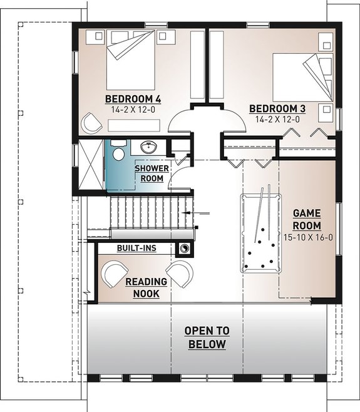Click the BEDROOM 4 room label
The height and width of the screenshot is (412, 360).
pyautogui.click(x=133, y=99)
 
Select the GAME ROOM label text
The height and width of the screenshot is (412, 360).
pyautogui.click(x=307, y=219)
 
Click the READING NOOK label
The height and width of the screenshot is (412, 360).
pyautogui.click(x=145, y=287)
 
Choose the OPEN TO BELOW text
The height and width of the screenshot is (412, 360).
pyautogui.click(x=206, y=337)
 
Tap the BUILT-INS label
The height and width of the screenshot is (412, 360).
pyautogui.click(x=136, y=249)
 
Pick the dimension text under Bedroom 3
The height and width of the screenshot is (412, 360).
pyautogui.click(x=277, y=119)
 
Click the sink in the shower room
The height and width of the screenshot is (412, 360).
pyautogui.click(x=148, y=148)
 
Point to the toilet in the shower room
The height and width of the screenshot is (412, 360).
pyautogui.click(x=117, y=153)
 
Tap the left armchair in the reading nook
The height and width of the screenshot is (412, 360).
pyautogui.click(x=114, y=274)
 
